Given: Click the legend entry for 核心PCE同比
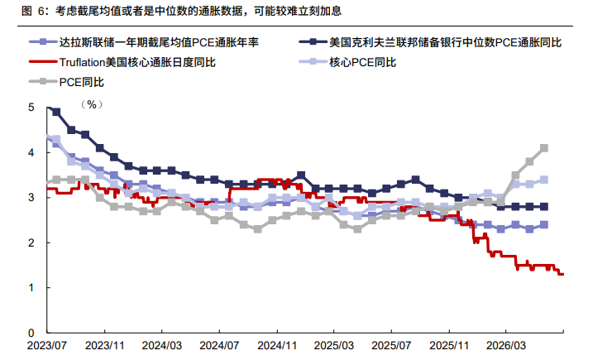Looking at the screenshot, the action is [347, 62].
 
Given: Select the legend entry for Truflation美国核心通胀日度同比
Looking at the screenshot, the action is [122, 62].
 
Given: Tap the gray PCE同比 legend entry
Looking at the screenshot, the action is [66, 82].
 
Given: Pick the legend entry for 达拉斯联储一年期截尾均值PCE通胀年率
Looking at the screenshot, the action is [144, 42].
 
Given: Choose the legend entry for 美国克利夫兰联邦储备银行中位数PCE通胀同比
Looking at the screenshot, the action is [430, 42].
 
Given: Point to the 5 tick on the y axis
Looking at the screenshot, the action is [31, 108].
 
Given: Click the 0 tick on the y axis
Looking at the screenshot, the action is [31, 333].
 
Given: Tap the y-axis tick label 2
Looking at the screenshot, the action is [31, 242].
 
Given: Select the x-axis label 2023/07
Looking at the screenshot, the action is [47, 346].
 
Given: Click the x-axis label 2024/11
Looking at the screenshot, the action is [277, 346].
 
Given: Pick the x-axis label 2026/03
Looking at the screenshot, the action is [506, 346].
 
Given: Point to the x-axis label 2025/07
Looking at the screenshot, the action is [391, 346].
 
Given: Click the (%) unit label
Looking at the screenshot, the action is [92, 104].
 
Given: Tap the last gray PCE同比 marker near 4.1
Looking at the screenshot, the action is [543, 148].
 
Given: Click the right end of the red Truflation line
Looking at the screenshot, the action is [563, 274].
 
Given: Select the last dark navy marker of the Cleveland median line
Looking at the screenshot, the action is [543, 207].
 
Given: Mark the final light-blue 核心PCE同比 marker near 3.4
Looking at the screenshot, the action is [543, 180].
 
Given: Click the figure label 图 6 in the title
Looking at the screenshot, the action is [31, 11].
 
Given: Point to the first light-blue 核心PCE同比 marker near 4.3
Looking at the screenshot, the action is [56, 139].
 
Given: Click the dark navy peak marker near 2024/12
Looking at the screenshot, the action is [301, 175].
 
